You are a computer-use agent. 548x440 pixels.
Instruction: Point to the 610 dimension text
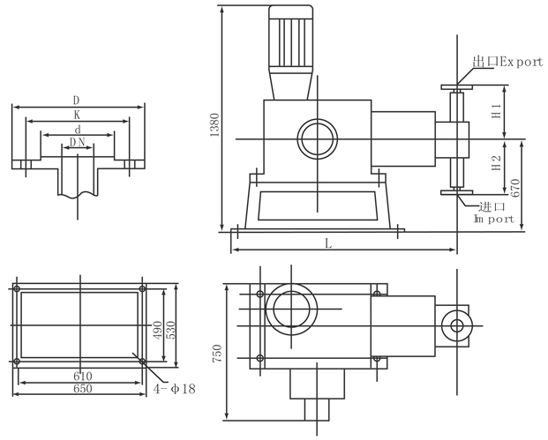pos(80,376)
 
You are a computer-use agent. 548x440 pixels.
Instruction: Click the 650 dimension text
pos(81,388)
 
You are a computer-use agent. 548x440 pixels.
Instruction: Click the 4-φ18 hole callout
pos(172,387)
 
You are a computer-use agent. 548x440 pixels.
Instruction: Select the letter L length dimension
pos(328,244)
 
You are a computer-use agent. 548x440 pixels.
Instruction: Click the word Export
pos(520,63)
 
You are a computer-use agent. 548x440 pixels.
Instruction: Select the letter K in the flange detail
pos(78,115)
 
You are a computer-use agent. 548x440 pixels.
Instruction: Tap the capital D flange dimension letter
pos(78,101)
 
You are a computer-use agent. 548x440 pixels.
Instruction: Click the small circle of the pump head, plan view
pos(457,324)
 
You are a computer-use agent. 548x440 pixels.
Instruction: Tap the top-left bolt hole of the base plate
pos(17,288)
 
